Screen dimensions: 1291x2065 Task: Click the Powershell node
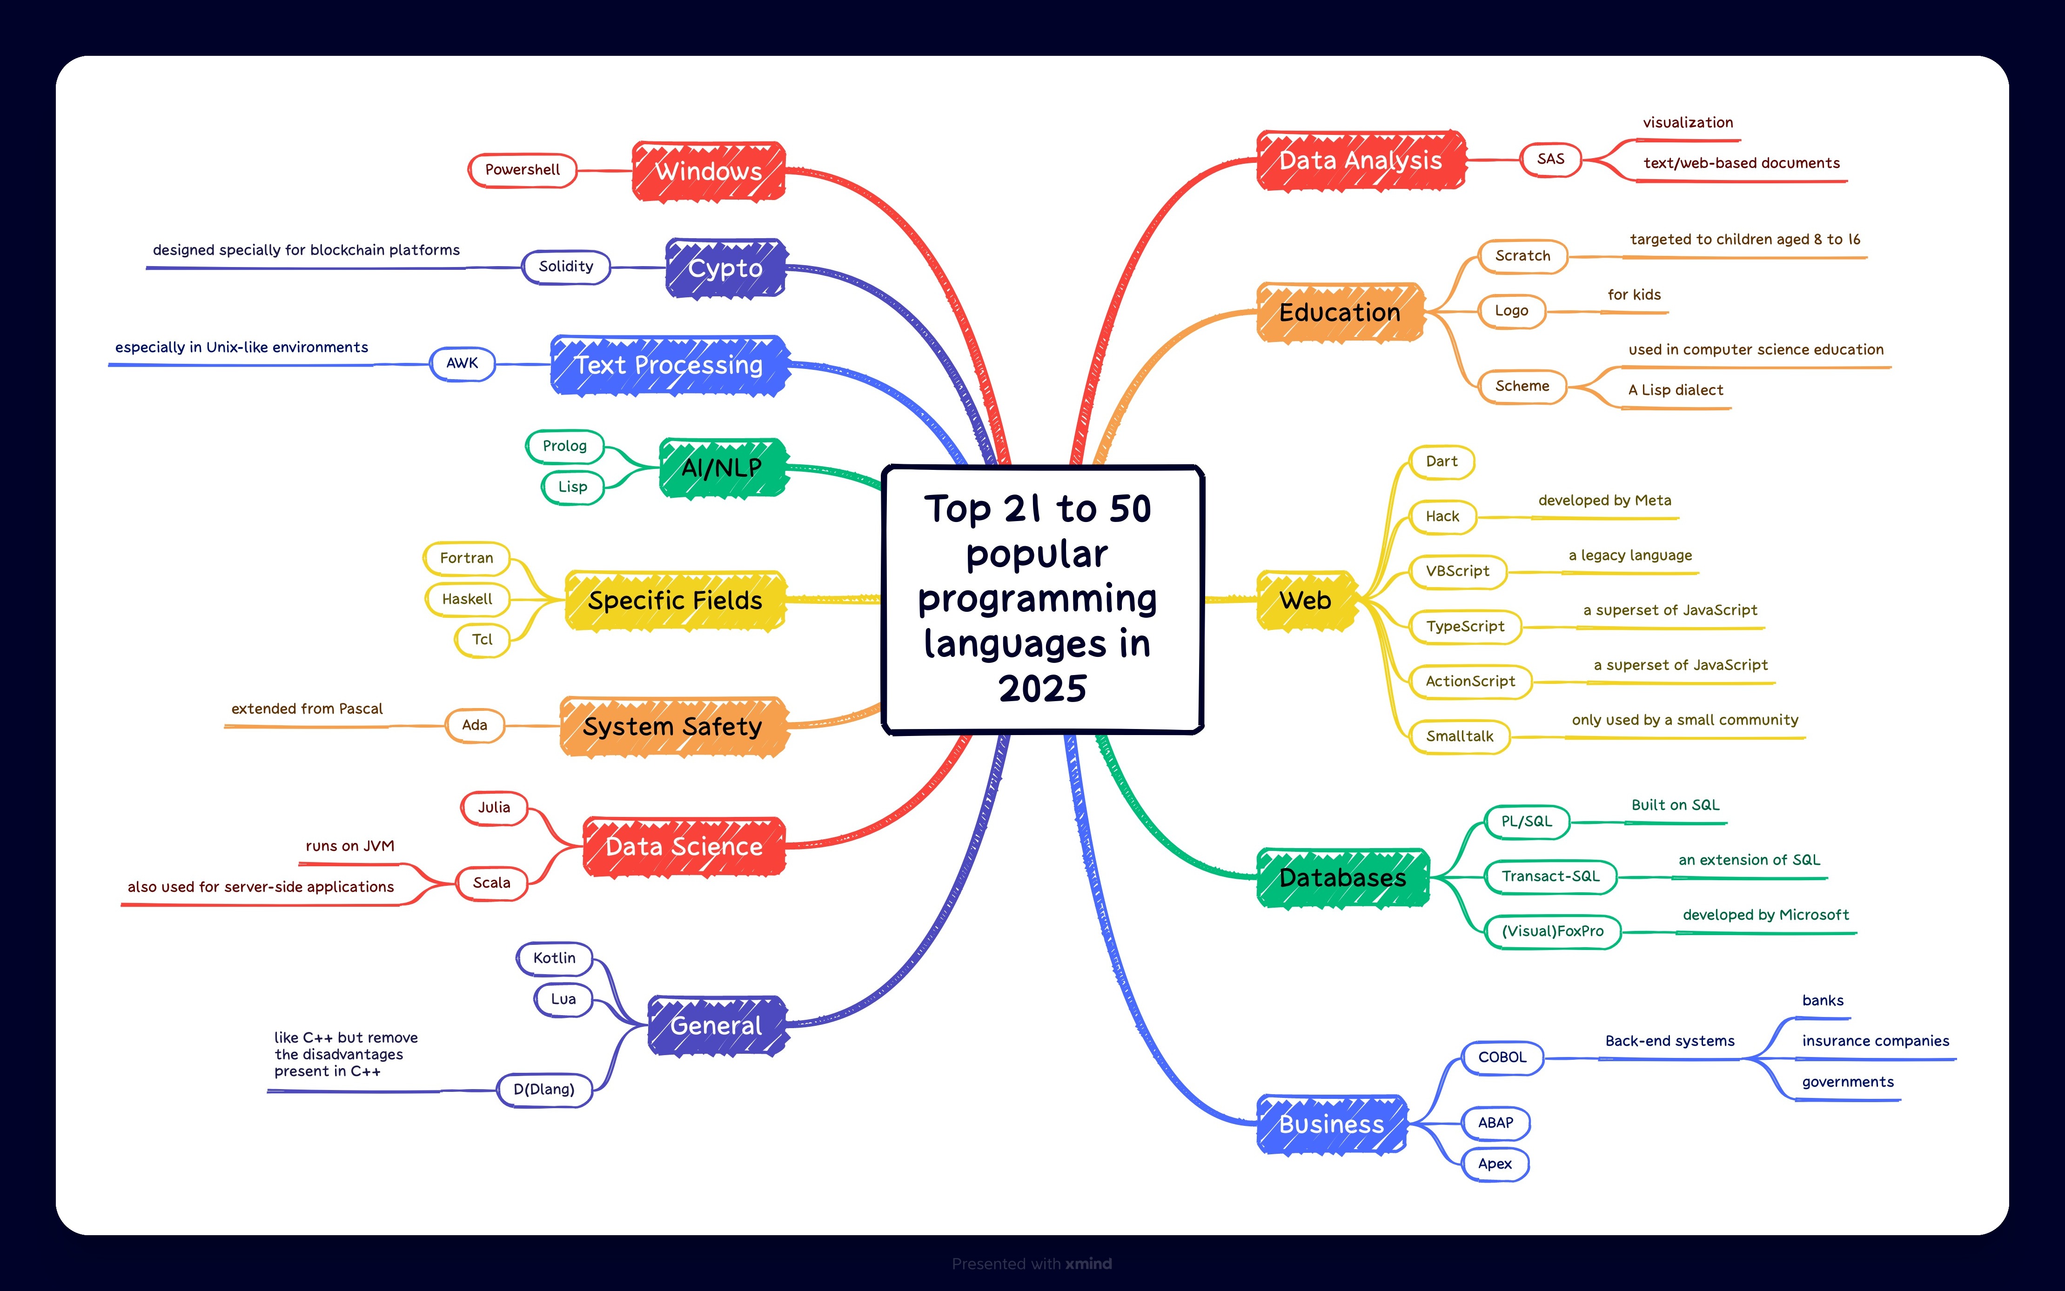[522, 170]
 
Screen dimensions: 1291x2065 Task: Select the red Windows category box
[708, 171]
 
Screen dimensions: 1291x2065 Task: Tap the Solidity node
[565, 267]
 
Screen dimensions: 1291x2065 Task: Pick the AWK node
[462, 363]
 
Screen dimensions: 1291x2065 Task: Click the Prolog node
[564, 446]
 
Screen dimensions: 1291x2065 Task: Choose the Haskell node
[467, 599]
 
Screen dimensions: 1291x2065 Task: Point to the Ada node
[475, 725]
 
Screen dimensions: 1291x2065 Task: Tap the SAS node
[1551, 159]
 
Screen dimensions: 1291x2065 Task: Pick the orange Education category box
[1339, 313]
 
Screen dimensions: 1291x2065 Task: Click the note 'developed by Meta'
[1605, 500]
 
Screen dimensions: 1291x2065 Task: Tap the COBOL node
[1502, 1057]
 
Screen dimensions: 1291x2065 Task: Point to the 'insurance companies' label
[1876, 1041]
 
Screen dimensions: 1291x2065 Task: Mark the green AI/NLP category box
[722, 468]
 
